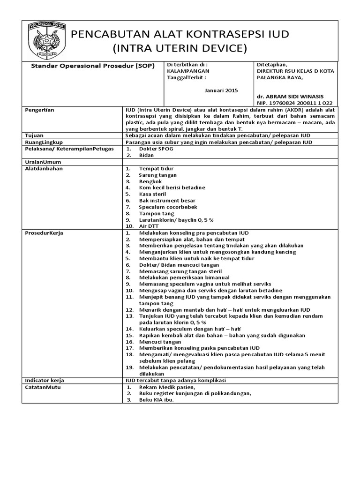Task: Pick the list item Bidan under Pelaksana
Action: tap(147, 155)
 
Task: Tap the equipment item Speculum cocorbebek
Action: tap(168, 207)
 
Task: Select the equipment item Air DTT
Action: tap(149, 226)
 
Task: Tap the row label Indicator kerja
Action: tap(44, 381)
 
